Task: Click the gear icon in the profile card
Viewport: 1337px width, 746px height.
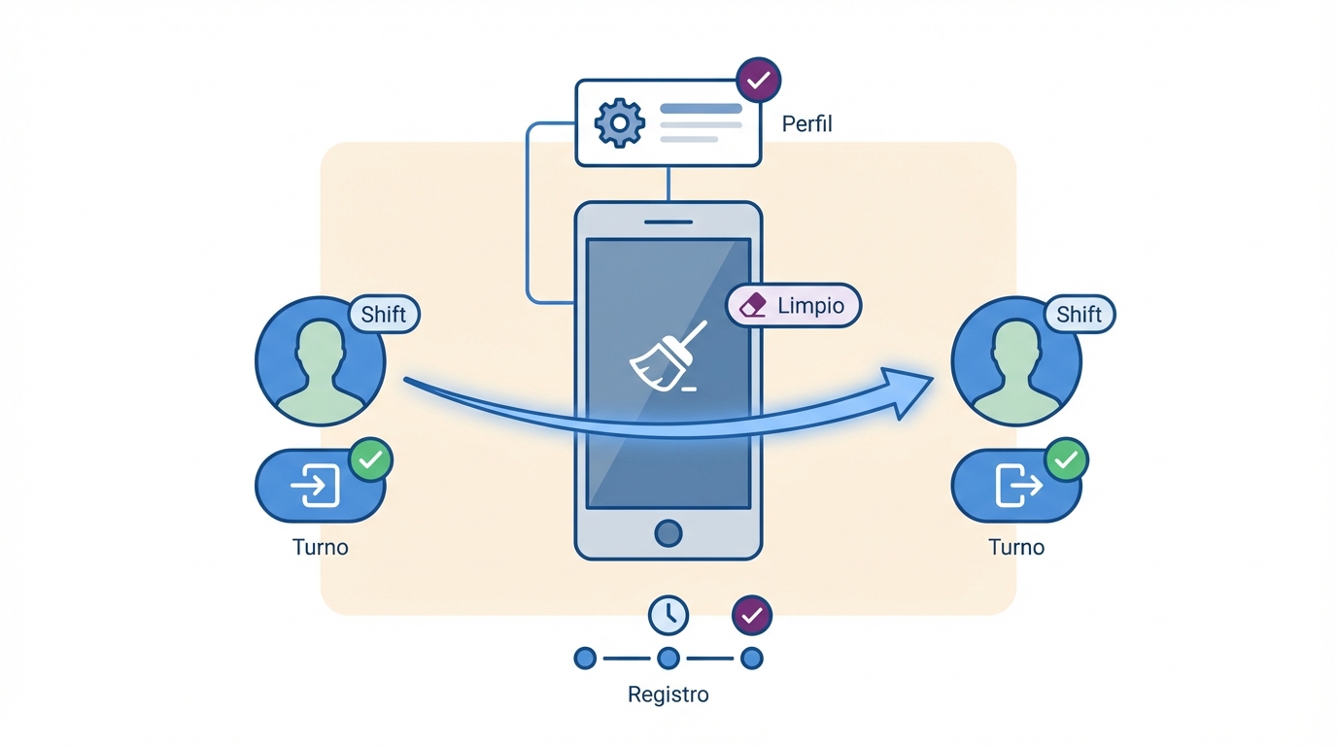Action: pyautogui.click(x=619, y=122)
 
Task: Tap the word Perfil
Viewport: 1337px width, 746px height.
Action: pyautogui.click(x=806, y=124)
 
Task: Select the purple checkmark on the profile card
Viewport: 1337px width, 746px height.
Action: pyautogui.click(x=759, y=80)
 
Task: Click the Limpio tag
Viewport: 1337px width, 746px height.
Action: pyautogui.click(x=793, y=305)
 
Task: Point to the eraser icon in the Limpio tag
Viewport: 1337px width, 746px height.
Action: pyautogui.click(x=753, y=306)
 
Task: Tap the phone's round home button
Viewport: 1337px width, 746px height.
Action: pyautogui.click(x=668, y=532)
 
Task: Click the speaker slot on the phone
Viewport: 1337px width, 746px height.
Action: pyautogui.click(x=668, y=221)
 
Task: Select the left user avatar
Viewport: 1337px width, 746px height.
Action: pyautogui.click(x=321, y=360)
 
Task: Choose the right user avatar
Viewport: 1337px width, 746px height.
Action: pyautogui.click(x=1016, y=360)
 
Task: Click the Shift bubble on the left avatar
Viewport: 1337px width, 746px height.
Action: pyautogui.click(x=383, y=314)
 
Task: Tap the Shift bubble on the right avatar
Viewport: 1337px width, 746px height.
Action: pyautogui.click(x=1079, y=314)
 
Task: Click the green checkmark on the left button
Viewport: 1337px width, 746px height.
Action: pyautogui.click(x=370, y=459)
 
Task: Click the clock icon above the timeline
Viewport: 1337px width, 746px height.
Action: pyautogui.click(x=668, y=615)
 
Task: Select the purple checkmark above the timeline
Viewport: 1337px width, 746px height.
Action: pyautogui.click(x=751, y=615)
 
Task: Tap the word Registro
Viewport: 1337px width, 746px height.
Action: pyautogui.click(x=668, y=695)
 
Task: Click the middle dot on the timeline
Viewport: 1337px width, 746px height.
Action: pyautogui.click(x=668, y=659)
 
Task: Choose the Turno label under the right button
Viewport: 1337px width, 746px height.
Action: pyautogui.click(x=1016, y=547)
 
